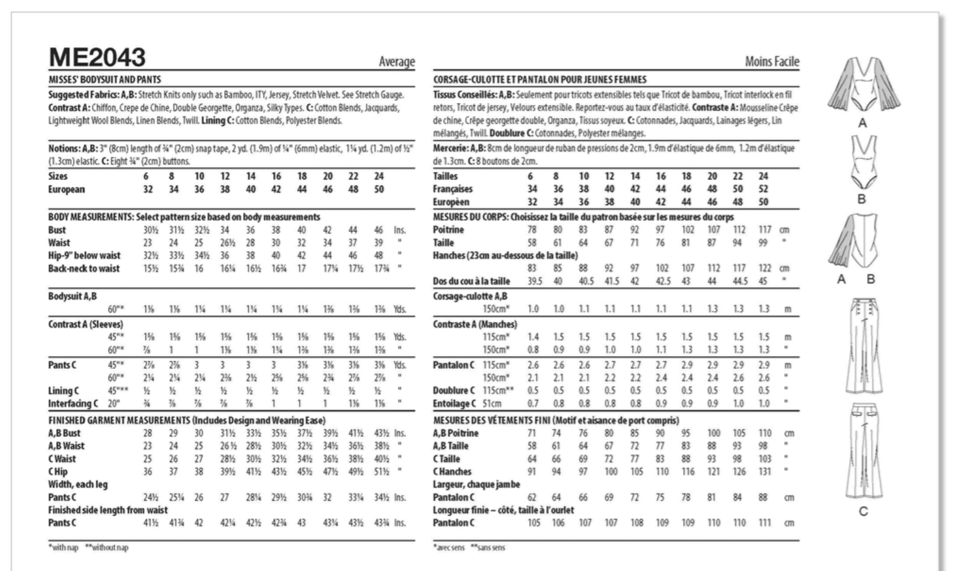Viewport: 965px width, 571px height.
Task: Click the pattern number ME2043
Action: [x=97, y=58]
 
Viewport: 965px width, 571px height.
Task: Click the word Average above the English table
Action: [x=397, y=62]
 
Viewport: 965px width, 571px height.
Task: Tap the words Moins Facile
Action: [x=772, y=62]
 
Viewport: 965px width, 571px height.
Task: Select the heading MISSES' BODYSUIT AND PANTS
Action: [x=104, y=80]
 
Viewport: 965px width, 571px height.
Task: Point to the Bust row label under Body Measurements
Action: [x=57, y=230]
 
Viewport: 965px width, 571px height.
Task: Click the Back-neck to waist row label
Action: [x=84, y=269]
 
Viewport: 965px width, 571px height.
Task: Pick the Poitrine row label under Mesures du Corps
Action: [x=448, y=230]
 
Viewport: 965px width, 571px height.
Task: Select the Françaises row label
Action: [x=453, y=189]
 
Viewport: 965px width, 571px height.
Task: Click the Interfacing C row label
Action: [x=74, y=404]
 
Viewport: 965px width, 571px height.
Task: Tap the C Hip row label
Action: [x=58, y=472]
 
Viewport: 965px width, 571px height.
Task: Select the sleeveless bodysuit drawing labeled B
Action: [x=861, y=162]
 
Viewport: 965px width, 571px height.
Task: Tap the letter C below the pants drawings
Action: [x=863, y=511]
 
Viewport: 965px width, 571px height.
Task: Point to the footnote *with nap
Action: [x=64, y=548]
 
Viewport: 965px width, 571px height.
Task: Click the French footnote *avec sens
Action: [x=449, y=548]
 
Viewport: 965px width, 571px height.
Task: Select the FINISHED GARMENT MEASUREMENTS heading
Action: [x=119, y=420]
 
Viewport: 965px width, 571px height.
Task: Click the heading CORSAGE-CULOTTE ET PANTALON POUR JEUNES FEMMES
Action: [x=539, y=80]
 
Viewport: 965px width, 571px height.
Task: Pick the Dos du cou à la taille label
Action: [x=471, y=281]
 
